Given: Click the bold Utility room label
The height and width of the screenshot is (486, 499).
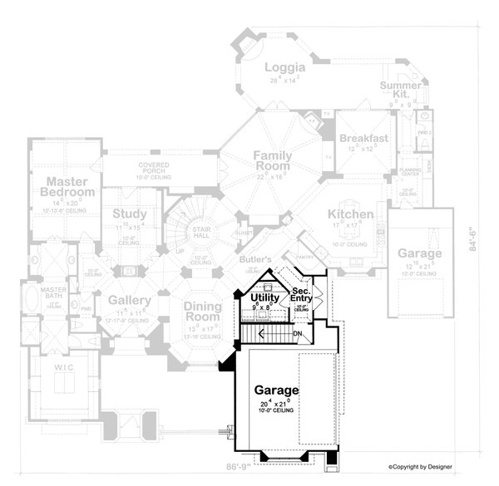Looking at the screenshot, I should click(264, 297).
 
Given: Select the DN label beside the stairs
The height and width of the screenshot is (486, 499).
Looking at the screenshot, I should click(299, 333).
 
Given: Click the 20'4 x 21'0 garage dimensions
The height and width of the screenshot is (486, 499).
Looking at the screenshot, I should click(278, 405).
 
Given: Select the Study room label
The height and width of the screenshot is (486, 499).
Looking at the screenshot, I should click(130, 214).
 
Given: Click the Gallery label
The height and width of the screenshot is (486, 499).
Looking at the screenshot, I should click(128, 300).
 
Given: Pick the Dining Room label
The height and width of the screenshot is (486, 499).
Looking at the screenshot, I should click(201, 312).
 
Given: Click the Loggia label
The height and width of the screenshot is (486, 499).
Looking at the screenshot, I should click(284, 67).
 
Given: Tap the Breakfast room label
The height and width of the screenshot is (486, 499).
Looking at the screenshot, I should click(363, 138).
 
